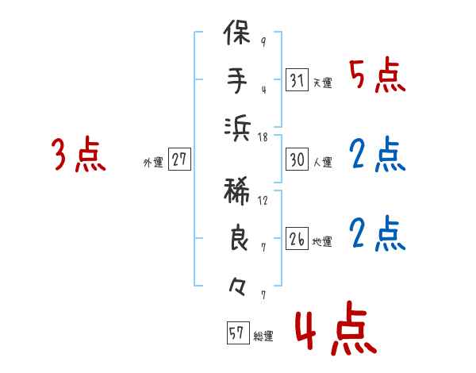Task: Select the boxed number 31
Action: point(297,81)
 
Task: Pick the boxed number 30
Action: point(297,160)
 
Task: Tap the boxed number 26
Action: point(297,239)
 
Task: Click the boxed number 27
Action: point(179,160)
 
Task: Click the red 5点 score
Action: point(378,78)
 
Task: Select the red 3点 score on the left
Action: point(79,156)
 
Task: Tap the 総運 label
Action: point(263,336)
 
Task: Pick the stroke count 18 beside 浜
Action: point(263,137)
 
